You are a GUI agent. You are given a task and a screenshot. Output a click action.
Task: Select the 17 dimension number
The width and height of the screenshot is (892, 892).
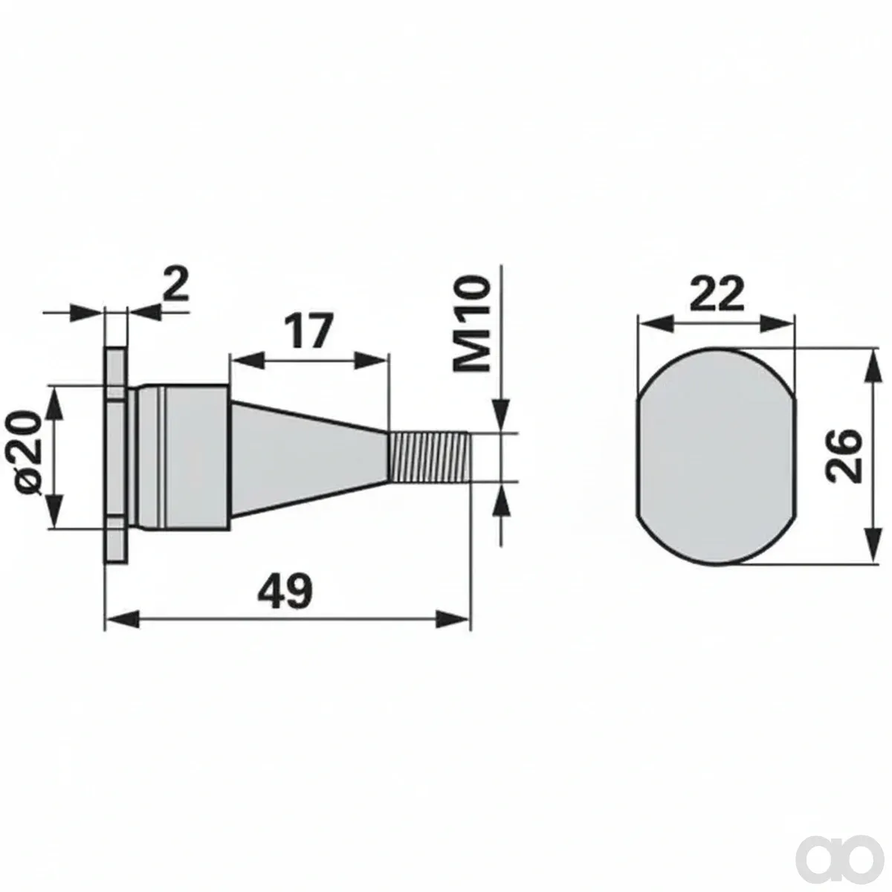(x=308, y=330)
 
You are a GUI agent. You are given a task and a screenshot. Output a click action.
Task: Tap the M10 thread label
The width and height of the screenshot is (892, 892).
(x=471, y=324)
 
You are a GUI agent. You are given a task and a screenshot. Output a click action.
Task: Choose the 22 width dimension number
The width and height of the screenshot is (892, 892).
(x=717, y=293)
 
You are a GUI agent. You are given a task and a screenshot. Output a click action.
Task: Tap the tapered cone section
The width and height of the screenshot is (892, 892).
(x=308, y=457)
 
